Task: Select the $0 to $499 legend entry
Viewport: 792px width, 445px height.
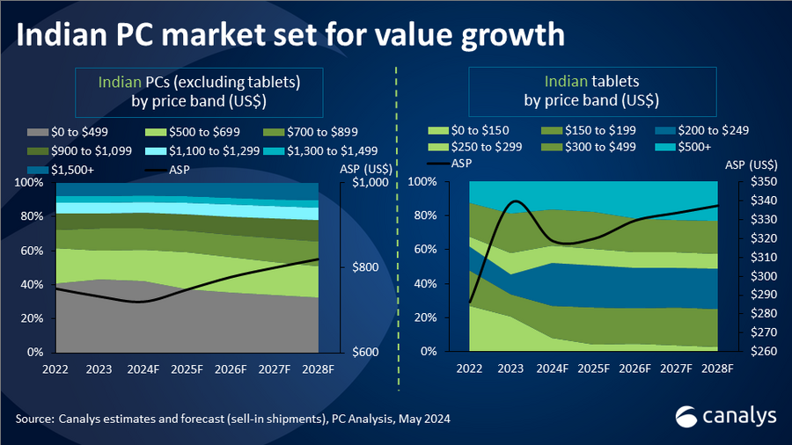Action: click(x=72, y=132)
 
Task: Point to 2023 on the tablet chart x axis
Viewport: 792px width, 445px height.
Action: click(x=513, y=368)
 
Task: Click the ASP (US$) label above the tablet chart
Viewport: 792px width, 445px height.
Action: click(x=750, y=164)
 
